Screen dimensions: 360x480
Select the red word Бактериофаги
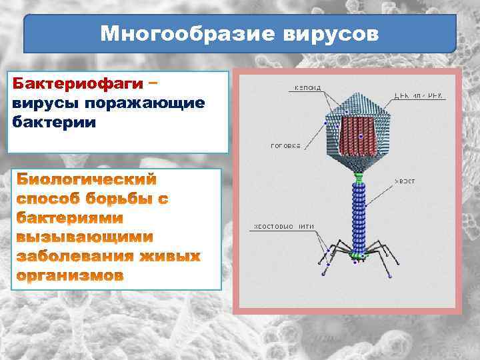79,85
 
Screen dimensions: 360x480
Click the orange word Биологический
87,179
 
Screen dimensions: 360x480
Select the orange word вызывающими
84,237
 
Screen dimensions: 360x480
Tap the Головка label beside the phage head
285,145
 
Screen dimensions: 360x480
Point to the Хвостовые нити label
282,227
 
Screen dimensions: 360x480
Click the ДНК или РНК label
419,96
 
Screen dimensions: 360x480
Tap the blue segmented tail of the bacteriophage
359,213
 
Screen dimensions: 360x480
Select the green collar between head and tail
359,178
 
